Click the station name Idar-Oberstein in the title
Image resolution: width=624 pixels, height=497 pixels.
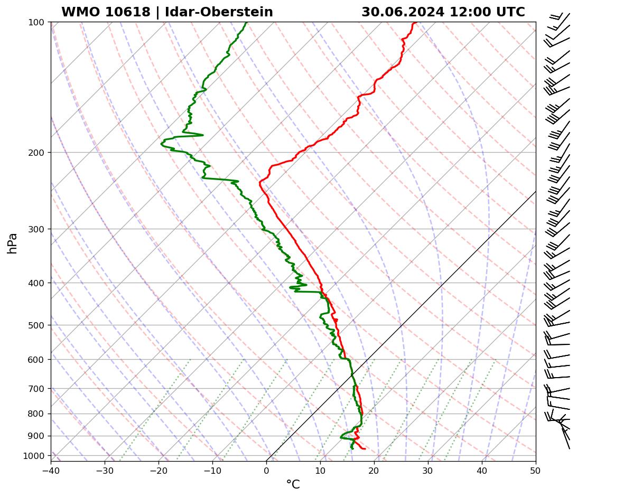click(x=219, y=12)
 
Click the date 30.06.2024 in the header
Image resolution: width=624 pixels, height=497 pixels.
click(x=403, y=12)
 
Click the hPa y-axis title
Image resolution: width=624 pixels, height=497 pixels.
click(x=13, y=243)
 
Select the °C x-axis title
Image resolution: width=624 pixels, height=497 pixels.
click(x=293, y=484)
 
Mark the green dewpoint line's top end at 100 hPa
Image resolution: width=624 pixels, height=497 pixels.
click(x=246, y=23)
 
